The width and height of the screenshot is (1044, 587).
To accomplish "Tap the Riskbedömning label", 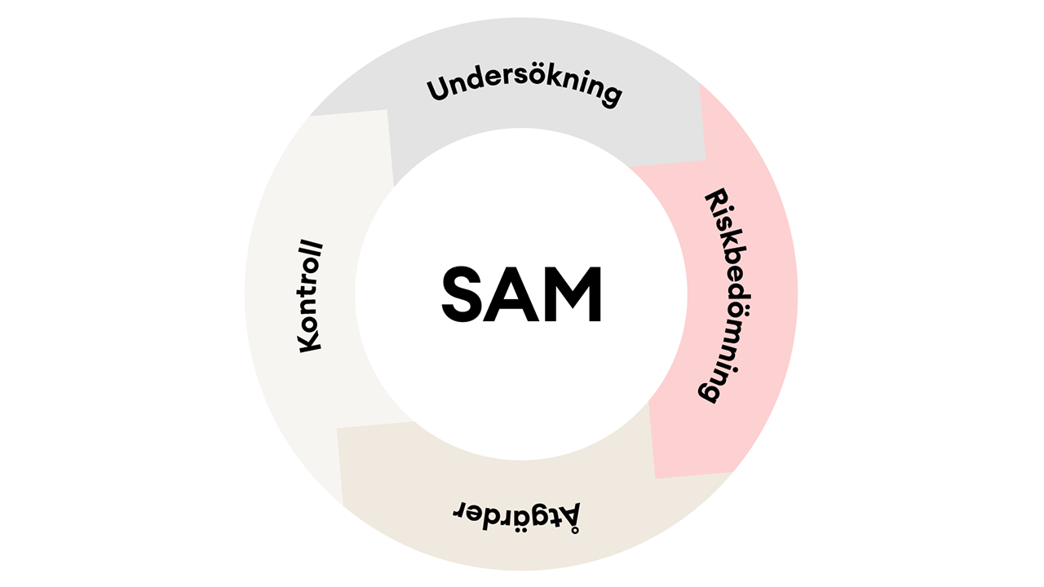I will coord(723,295).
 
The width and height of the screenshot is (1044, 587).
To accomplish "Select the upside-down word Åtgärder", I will coord(517,514).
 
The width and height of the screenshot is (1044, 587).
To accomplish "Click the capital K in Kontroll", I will coord(311,342).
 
